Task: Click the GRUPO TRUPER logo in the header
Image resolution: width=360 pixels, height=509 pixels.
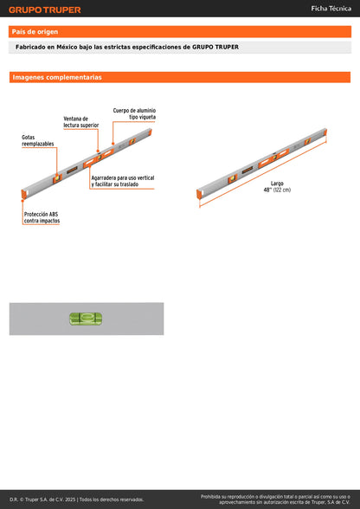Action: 45,10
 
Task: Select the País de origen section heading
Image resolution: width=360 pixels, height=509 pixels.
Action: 35,32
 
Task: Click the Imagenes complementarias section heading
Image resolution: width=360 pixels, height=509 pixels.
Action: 57,78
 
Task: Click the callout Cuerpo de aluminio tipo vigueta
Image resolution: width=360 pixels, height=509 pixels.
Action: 135,113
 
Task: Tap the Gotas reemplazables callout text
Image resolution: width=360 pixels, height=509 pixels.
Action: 37,140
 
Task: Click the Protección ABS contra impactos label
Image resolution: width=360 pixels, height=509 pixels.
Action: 42,217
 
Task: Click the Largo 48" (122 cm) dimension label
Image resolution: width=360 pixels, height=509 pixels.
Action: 277,187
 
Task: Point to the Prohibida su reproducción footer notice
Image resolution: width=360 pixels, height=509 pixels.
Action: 275,499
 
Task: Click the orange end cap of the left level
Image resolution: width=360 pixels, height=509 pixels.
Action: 22,195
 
